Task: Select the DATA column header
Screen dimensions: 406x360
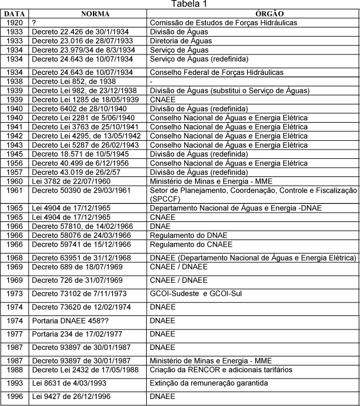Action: click(x=14, y=13)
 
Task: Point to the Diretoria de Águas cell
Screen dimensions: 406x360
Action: click(x=181, y=41)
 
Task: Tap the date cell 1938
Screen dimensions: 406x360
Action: click(x=14, y=81)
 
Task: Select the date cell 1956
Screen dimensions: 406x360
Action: click(x=14, y=164)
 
